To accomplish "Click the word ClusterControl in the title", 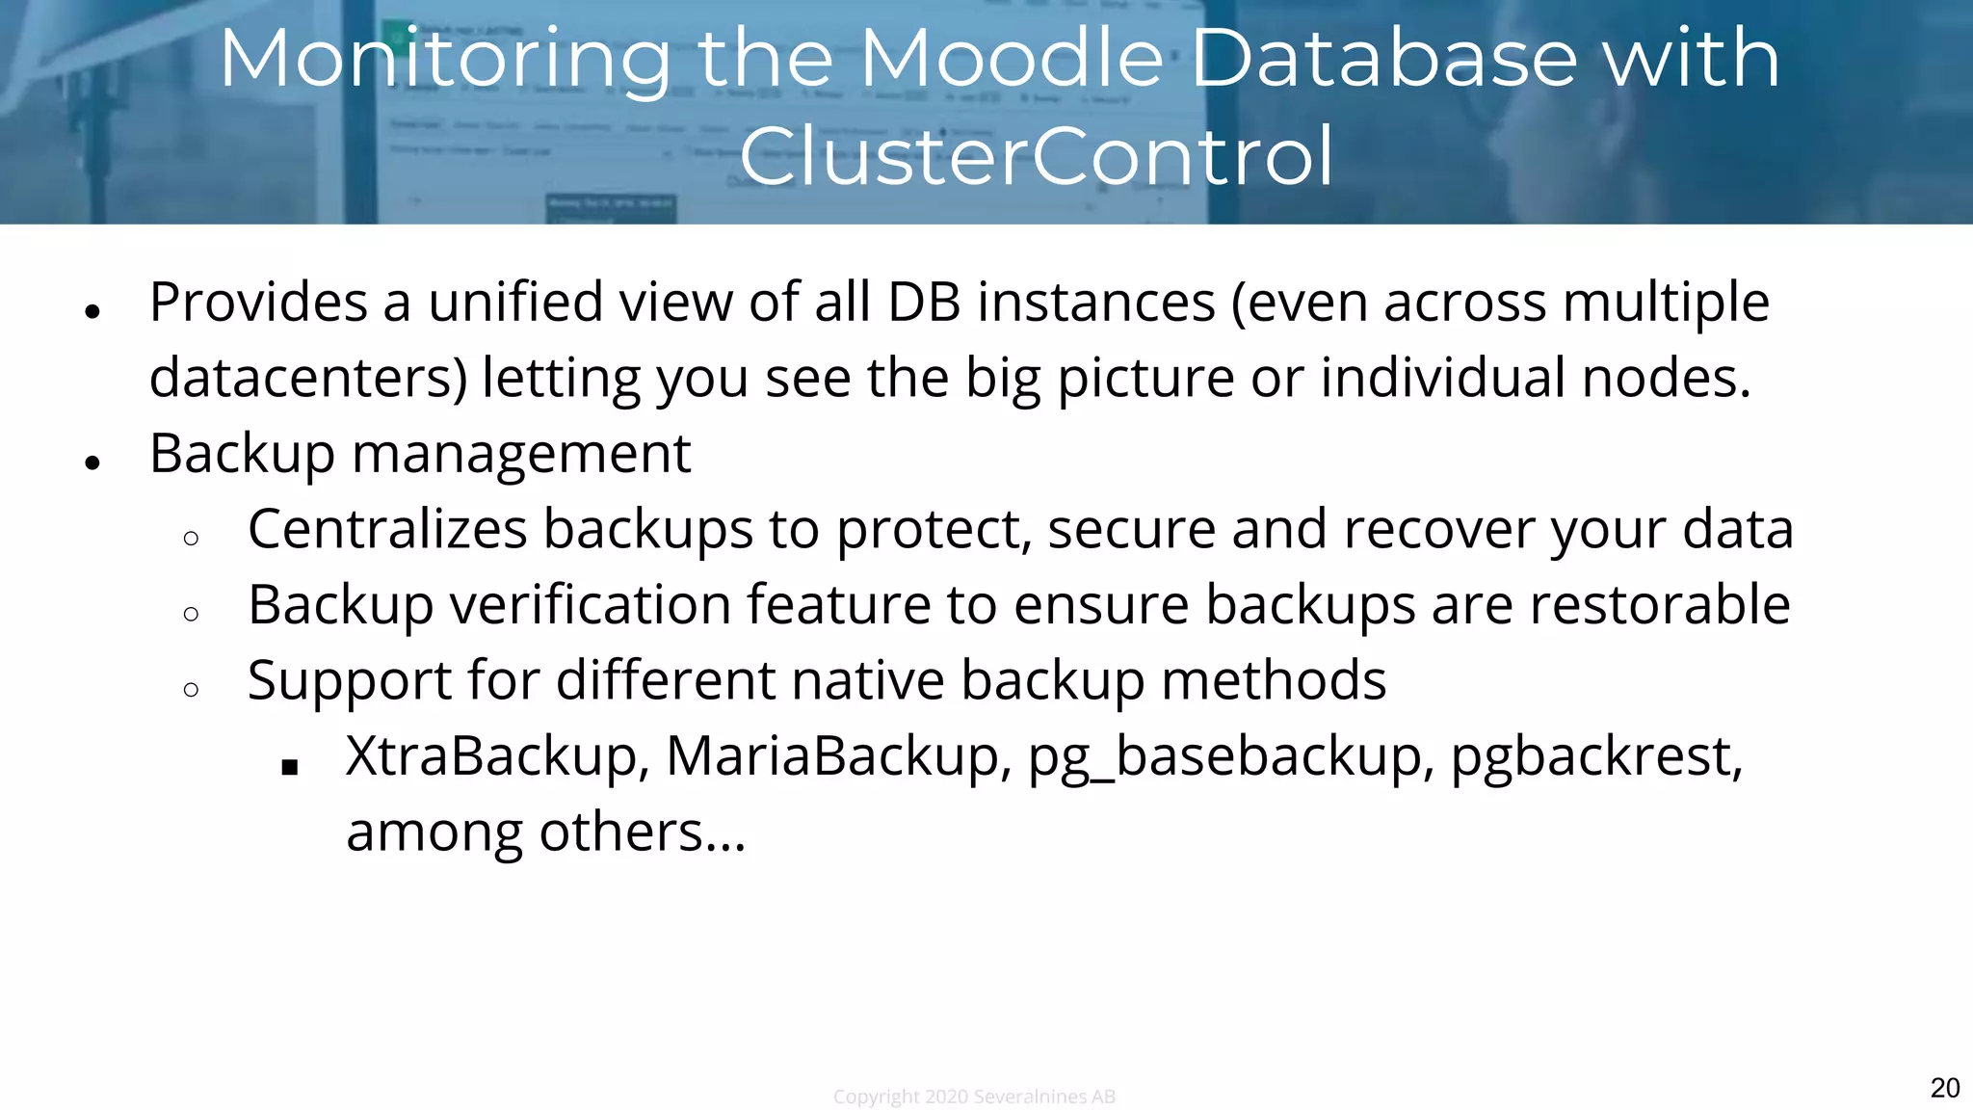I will (x=1036, y=156).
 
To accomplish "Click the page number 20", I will (x=1944, y=1088).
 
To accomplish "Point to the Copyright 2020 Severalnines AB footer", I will (x=974, y=1097).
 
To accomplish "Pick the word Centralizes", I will (x=387, y=529).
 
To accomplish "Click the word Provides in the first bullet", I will (x=258, y=303).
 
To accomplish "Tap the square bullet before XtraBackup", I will (x=290, y=768).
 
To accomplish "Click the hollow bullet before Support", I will (x=191, y=689).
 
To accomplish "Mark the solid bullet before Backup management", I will (x=92, y=463).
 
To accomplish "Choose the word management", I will (x=521, y=454).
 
